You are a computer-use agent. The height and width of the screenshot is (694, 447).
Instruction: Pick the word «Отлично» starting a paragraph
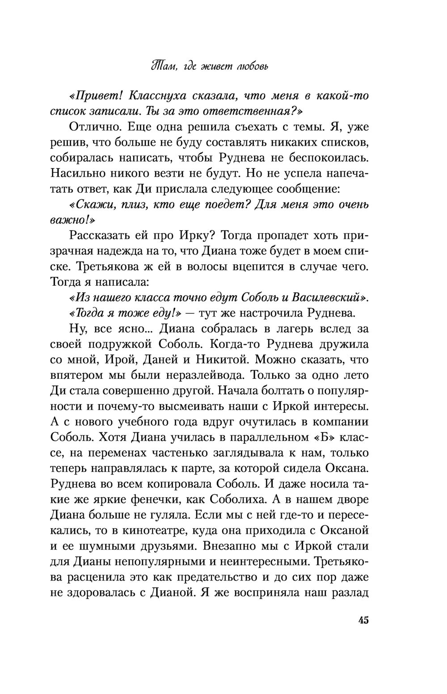click(x=95, y=127)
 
